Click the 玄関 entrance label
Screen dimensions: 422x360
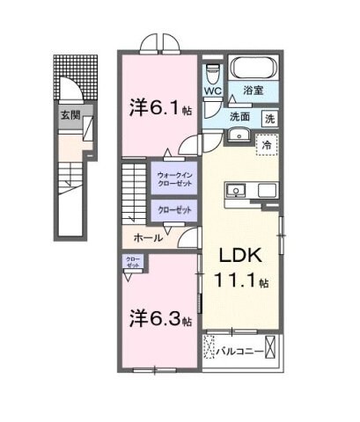pyautogui.click(x=68, y=114)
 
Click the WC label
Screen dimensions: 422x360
pyautogui.click(x=212, y=90)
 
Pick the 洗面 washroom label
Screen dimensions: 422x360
pyautogui.click(x=241, y=117)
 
